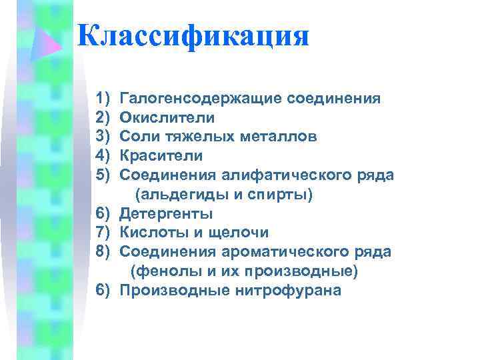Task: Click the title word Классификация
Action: (193, 36)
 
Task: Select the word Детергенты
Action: (167, 214)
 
